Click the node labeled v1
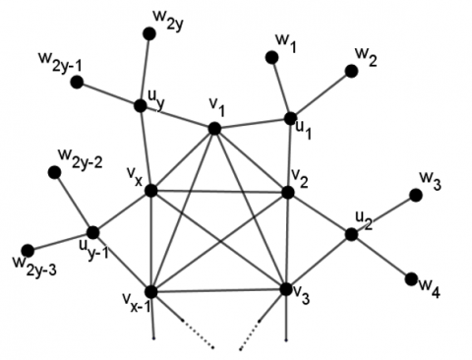[213, 128]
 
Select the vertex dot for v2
[287, 192]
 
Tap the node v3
[286, 289]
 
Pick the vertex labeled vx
[150, 190]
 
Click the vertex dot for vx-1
[151, 292]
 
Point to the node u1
[290, 118]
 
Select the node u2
[351, 234]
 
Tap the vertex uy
[141, 104]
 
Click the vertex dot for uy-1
[93, 231]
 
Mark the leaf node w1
[270, 57]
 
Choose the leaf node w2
[351, 71]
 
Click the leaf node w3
[417, 195]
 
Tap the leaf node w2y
[149, 34]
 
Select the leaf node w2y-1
[76, 81]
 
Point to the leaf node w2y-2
[55, 172]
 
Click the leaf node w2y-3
[29, 250]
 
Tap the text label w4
[430, 288]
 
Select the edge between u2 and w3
[383, 214]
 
